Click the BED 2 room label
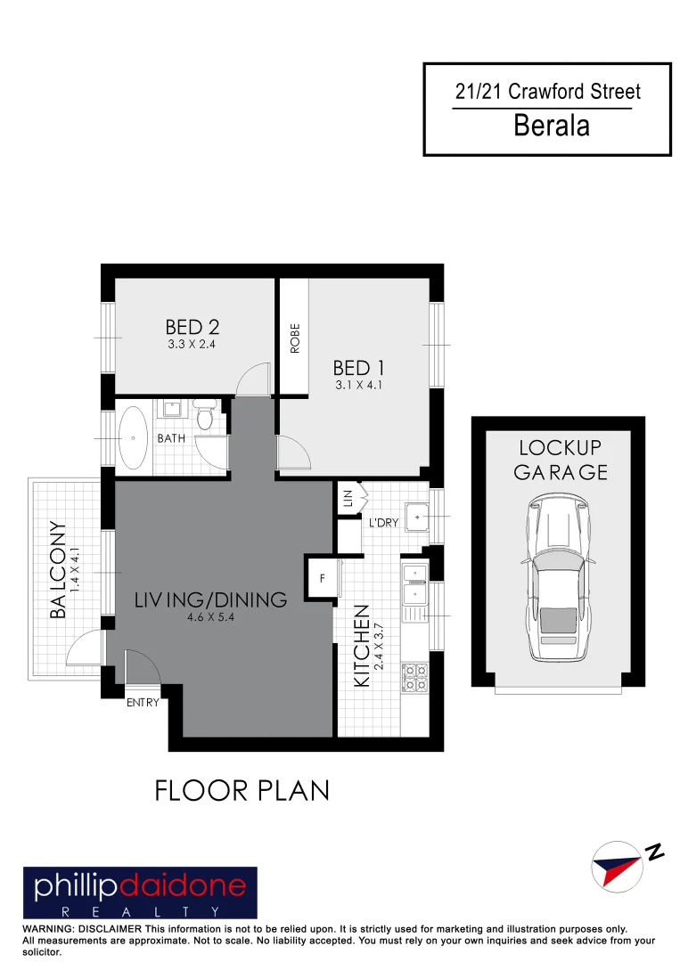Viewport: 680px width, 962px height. pos(192,328)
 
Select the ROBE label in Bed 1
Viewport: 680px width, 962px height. pos(295,339)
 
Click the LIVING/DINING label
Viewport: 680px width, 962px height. pos(211,599)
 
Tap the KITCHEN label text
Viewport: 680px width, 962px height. pos(362,646)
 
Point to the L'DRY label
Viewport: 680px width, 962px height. pos(383,523)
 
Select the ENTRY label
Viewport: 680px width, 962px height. pos(142,703)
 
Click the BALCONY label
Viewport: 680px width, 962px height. pos(59,570)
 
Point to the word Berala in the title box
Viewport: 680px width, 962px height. pos(552,126)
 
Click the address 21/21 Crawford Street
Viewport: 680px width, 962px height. pos(547,92)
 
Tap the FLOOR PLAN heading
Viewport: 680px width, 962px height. pos(242,790)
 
